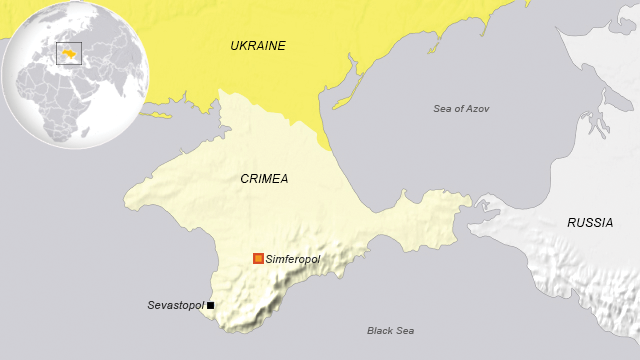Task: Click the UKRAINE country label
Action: (257, 46)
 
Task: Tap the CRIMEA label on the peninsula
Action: (264, 179)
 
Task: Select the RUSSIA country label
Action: (590, 223)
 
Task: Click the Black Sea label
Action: (390, 330)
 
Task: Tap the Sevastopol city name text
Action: (175, 305)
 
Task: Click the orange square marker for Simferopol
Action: (259, 259)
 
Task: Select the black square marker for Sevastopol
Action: (211, 305)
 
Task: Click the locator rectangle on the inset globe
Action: (69, 52)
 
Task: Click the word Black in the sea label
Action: (380, 330)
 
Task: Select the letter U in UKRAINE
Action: (234, 46)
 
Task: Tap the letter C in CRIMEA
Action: (244, 179)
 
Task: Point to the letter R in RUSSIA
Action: (571, 223)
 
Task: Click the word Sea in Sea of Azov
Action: (442, 108)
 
